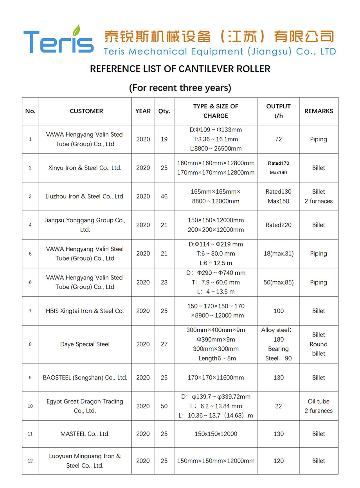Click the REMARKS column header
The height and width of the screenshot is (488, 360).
coord(319,111)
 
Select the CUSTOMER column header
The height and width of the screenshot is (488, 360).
coord(86,111)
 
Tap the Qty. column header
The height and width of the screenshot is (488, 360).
coord(164,111)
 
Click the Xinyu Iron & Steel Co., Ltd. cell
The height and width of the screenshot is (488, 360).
coord(85,168)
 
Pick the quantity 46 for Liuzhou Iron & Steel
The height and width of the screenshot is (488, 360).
coord(164,196)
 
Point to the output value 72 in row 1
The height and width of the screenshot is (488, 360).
coord(278,139)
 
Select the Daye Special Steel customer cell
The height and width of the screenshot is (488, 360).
coord(85,344)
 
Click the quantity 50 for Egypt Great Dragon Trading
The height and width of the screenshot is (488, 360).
coord(164,406)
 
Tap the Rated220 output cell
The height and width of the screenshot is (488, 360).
coord(278,225)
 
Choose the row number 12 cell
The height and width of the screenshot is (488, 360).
coord(30,461)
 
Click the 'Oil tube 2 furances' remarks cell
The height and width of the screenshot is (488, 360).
coord(319,406)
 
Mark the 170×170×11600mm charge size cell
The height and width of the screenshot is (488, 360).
coord(216,378)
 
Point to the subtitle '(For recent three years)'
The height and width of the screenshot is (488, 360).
coord(180,88)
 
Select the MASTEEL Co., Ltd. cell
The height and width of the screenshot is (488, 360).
coord(85,434)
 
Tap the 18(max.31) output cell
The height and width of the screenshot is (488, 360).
coord(278,254)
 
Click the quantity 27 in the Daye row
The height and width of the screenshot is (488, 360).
coord(164,344)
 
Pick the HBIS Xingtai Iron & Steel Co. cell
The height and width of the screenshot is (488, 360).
coord(85,311)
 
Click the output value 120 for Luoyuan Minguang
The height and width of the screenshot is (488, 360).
coord(278,461)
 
